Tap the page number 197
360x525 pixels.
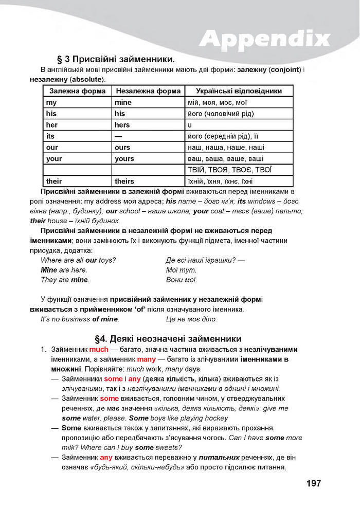point(313,483)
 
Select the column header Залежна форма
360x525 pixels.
point(77,91)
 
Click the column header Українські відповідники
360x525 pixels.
point(239,91)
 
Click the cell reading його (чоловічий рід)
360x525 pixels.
point(221,114)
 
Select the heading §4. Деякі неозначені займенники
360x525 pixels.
point(168,339)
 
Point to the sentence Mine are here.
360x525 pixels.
point(64,270)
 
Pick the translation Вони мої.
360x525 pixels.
point(182,280)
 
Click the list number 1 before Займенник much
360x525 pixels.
point(43,350)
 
